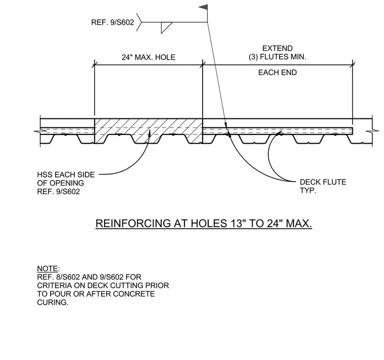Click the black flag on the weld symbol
(204, 8)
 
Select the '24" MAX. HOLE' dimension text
(149, 57)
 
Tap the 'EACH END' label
(277, 72)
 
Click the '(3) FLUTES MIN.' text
(277, 57)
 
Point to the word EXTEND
(277, 48)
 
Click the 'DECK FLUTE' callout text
(323, 182)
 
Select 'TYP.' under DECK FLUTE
(308, 191)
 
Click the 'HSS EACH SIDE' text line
(66, 174)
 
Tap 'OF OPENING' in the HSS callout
(61, 183)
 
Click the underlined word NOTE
(47, 268)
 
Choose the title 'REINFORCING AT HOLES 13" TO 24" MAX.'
(204, 223)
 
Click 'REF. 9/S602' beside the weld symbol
(113, 22)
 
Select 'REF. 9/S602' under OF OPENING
(59, 192)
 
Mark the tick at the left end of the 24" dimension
(94, 65)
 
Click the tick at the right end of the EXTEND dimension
(352, 65)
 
